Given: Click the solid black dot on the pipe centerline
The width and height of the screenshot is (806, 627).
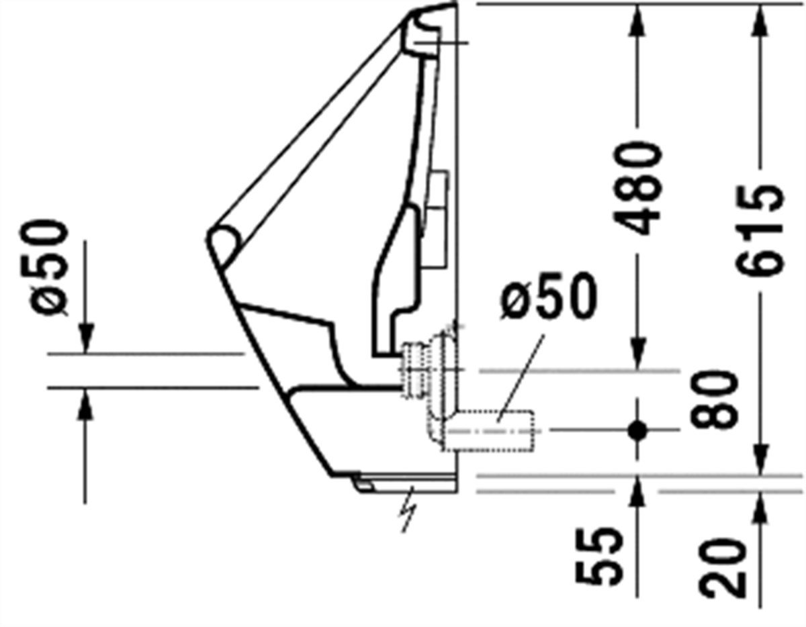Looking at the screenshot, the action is [x=637, y=430].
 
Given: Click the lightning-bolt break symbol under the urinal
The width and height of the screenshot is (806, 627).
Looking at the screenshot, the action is [x=410, y=510].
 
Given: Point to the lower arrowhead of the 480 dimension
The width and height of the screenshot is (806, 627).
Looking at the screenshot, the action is [x=637, y=354].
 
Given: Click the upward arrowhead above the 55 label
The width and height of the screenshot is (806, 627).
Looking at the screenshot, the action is [x=637, y=491].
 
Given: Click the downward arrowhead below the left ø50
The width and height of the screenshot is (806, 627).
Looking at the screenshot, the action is [x=86, y=337].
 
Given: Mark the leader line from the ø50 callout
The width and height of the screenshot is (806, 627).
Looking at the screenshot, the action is [x=521, y=379].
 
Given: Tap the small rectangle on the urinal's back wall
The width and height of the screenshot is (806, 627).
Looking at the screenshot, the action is [x=437, y=219].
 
